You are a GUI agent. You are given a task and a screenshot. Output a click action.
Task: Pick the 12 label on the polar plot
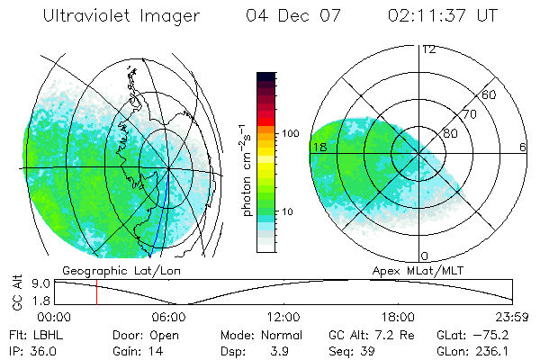tap(428, 49)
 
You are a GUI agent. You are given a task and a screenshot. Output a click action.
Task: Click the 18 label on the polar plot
tap(318, 147)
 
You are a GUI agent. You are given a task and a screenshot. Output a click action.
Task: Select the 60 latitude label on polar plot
tap(490, 94)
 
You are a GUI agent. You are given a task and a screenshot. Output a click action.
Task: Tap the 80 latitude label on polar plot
tap(451, 133)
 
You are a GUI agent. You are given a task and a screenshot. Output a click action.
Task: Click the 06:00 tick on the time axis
tap(168, 317)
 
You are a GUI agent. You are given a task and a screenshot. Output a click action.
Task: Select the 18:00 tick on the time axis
tap(398, 317)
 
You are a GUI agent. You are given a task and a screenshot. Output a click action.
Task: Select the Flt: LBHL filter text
tap(31, 335)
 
